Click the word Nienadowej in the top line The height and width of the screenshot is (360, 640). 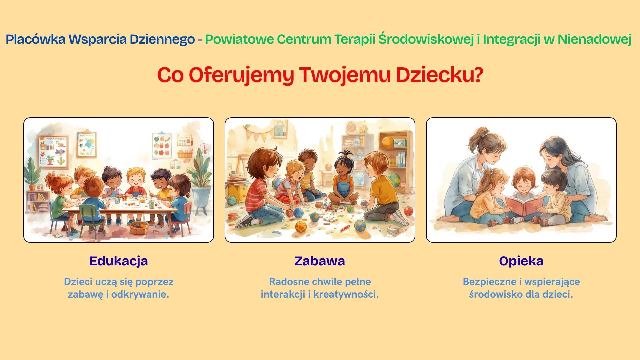(594, 39)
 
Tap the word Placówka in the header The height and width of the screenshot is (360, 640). (36, 39)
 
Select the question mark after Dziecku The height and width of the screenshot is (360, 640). (478, 75)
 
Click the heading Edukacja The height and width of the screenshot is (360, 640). (119, 261)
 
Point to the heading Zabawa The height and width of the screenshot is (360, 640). (320, 261)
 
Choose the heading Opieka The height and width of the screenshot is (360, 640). (521, 261)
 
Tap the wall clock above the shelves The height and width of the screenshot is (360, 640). (351, 127)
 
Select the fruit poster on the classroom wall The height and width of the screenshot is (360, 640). (161, 145)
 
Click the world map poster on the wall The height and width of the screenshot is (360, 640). (86, 145)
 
